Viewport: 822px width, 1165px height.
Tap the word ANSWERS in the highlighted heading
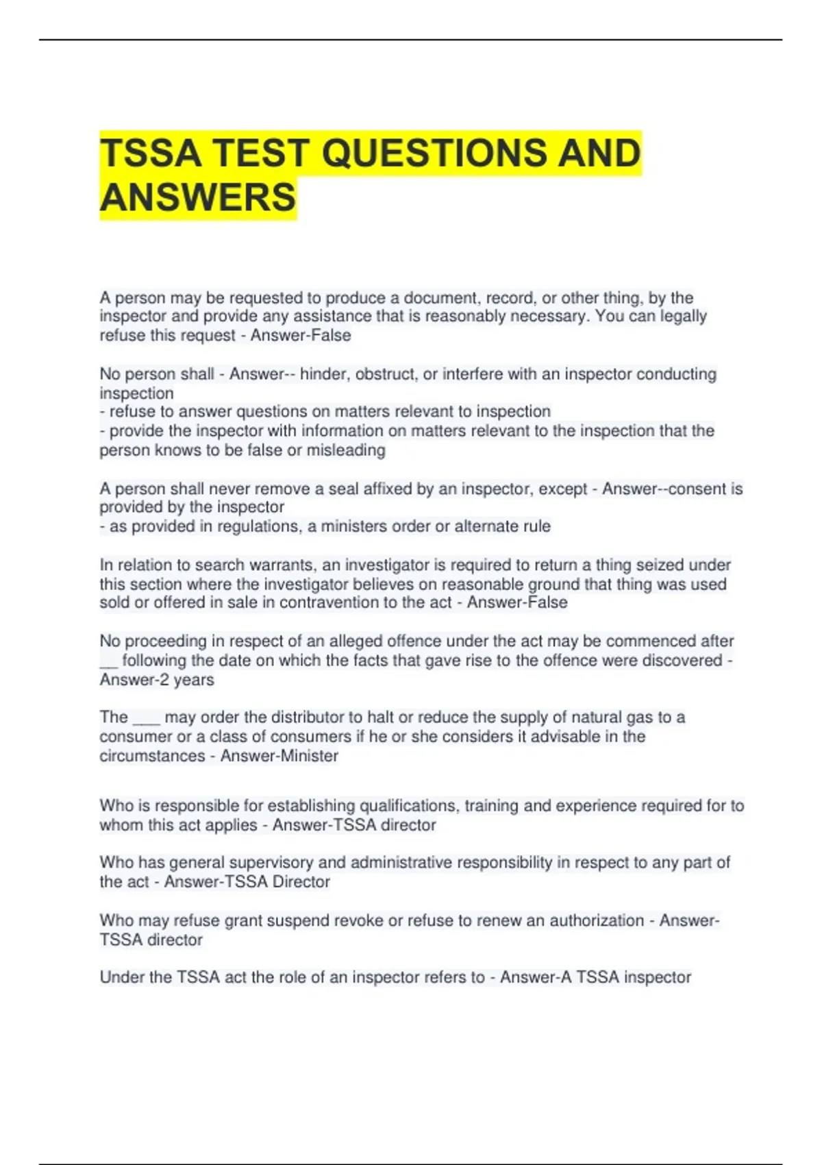tap(198, 197)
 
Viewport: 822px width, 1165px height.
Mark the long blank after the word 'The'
tap(146, 720)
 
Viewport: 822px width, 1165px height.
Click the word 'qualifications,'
tap(409, 806)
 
